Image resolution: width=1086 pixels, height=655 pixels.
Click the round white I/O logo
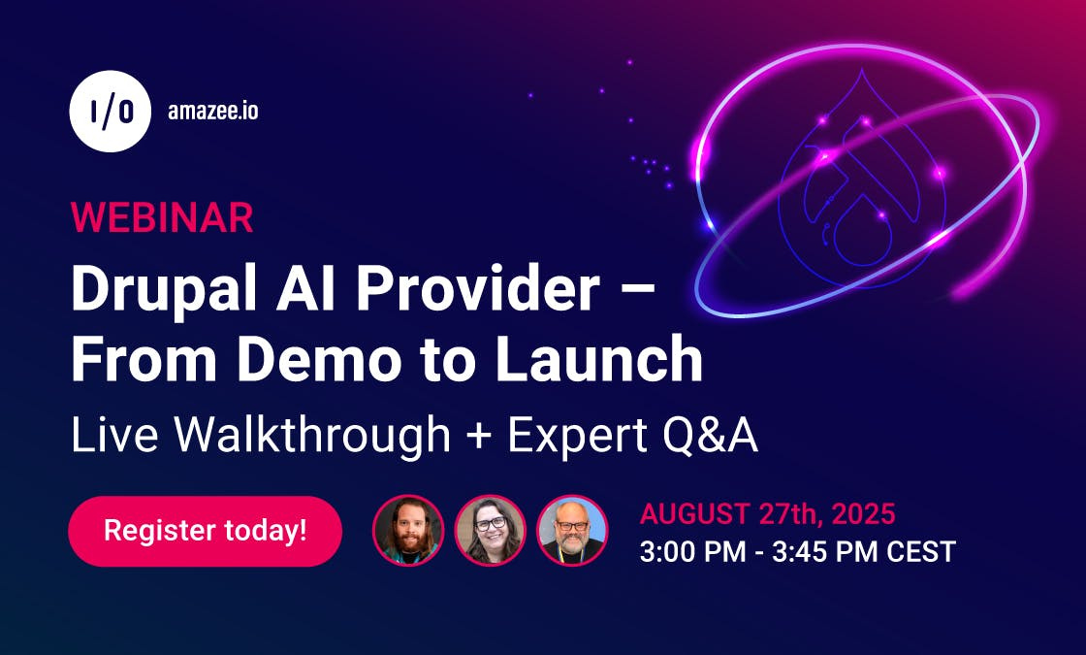[110, 112]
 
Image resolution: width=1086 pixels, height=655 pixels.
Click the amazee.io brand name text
[213, 112]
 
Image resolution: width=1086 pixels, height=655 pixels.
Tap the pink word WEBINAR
[162, 217]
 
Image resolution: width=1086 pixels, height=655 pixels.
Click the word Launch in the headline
[603, 360]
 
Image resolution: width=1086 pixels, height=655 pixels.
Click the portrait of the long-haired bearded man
[408, 531]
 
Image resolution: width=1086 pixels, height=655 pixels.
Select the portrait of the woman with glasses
[490, 531]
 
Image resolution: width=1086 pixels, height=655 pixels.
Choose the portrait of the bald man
[571, 531]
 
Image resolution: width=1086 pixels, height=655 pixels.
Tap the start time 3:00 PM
[692, 552]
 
